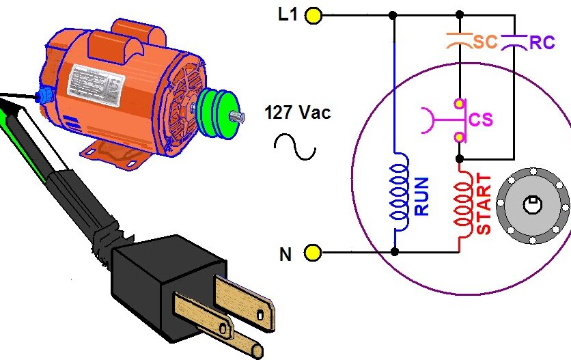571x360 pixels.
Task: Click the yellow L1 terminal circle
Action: coord(314,15)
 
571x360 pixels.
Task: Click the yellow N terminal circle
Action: coord(312,253)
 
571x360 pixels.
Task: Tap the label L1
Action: coord(288,15)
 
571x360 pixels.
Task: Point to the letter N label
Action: coord(285,254)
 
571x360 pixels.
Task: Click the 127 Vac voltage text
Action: coord(297,113)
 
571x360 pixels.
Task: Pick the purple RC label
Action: coord(542,42)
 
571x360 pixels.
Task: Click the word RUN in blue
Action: coord(421,196)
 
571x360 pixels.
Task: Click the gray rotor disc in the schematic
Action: coord(532,204)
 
